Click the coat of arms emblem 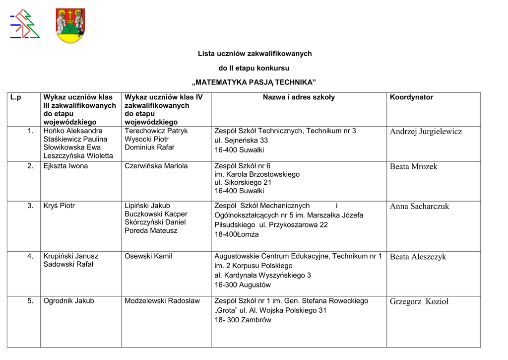click(x=70, y=25)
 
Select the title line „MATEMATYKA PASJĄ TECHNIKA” click(x=254, y=82)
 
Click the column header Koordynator click(x=411, y=97)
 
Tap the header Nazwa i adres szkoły click(x=299, y=97)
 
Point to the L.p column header click(x=16, y=97)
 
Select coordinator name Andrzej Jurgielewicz click(x=426, y=132)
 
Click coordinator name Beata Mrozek click(x=413, y=167)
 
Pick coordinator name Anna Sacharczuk click(x=419, y=207)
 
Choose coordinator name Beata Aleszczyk click(x=418, y=257)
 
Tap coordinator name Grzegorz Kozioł click(x=419, y=301)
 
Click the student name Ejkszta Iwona click(x=65, y=166)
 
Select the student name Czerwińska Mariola click(x=156, y=166)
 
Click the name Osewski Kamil click(x=148, y=256)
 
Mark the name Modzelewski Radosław click(x=162, y=301)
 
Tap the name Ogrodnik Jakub click(x=68, y=301)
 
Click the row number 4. click(x=30, y=256)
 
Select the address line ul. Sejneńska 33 click(x=241, y=141)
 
